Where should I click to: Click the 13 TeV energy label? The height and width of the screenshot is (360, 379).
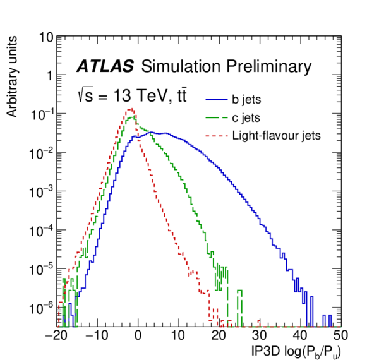pyautogui.click(x=136, y=97)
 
